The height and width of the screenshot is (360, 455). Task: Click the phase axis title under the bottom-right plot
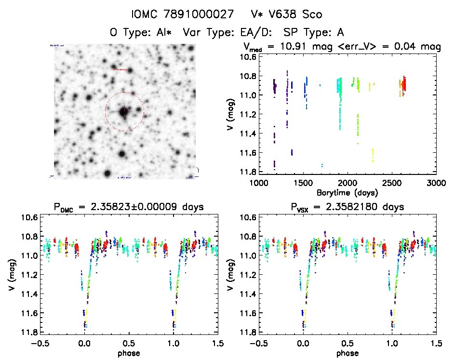coord(347,353)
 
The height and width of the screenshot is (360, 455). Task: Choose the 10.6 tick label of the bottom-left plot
coord(27,217)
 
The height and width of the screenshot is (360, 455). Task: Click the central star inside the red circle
coord(124,111)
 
